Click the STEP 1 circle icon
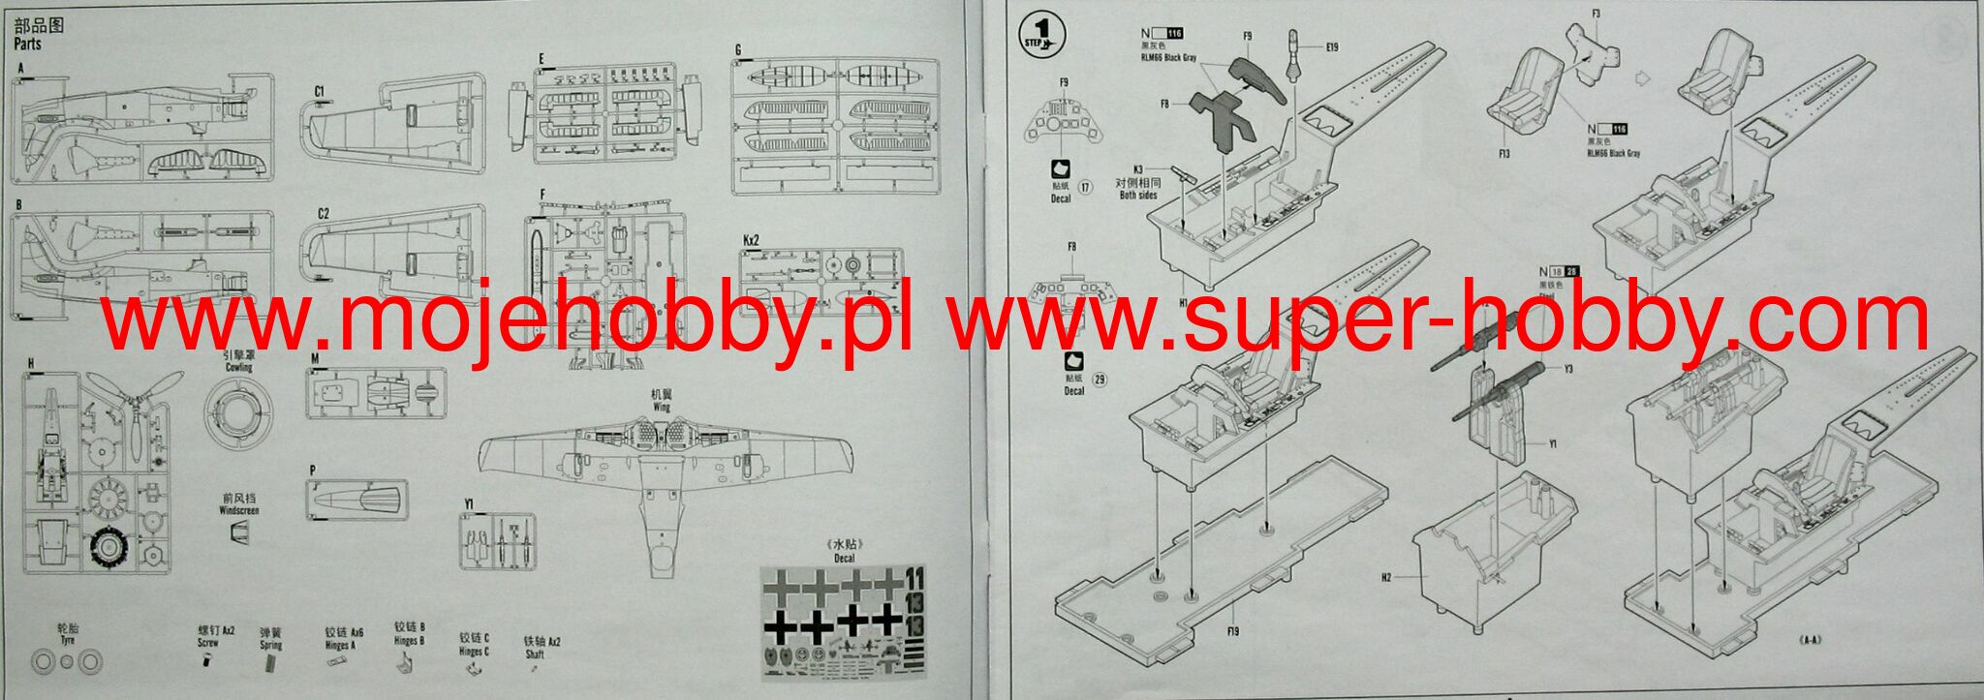point(1042,36)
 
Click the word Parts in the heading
point(27,45)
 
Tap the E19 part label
point(1332,47)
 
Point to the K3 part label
point(1138,169)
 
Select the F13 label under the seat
point(1503,153)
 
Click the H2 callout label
point(1386,577)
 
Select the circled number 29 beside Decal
point(1099,380)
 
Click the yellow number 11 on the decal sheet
point(914,579)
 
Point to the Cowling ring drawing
point(238,413)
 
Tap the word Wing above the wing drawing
point(662,408)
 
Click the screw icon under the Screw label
point(207,660)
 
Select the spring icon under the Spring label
point(270,663)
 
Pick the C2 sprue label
point(324,213)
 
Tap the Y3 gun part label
point(1568,369)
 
